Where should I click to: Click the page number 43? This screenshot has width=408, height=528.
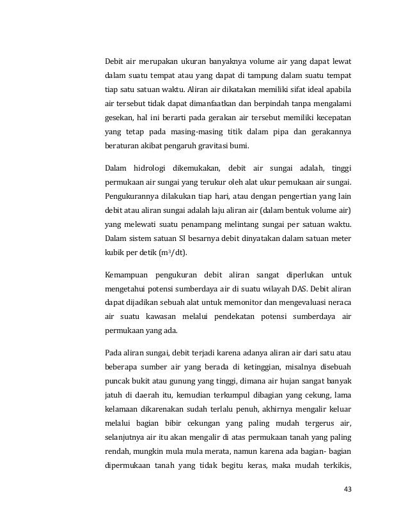pyautogui.click(x=348, y=489)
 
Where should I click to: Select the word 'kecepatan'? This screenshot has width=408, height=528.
pyautogui.click(x=332, y=118)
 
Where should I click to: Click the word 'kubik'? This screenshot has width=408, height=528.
pyautogui.click(x=115, y=252)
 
